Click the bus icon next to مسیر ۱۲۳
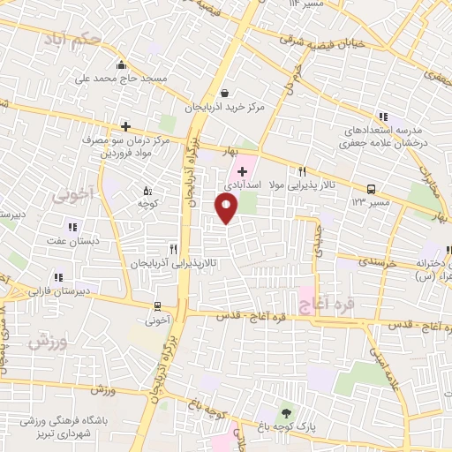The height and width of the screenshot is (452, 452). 372,188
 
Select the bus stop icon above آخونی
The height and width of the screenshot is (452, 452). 157,306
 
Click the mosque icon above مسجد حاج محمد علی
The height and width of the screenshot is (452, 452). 121,64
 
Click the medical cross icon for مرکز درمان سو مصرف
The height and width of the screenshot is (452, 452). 126,126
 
